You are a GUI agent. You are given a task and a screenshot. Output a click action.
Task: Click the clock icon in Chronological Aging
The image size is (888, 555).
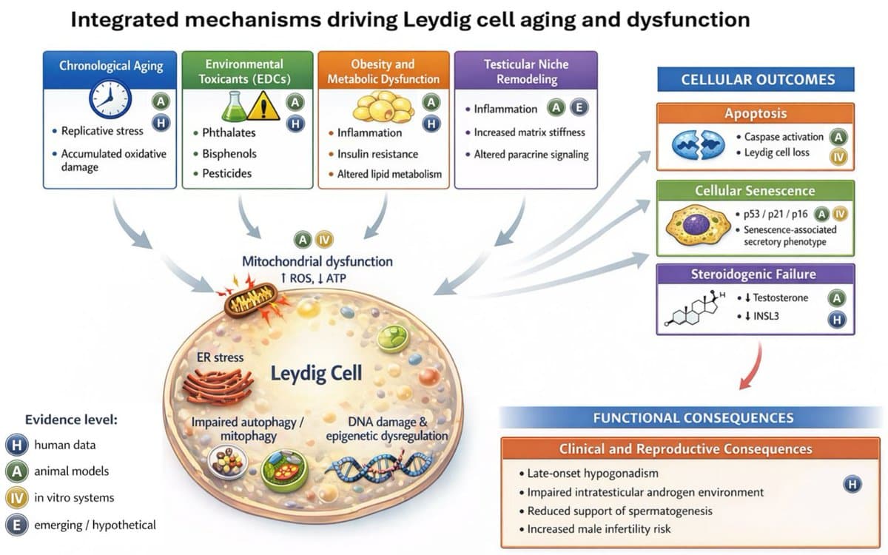click(110, 98)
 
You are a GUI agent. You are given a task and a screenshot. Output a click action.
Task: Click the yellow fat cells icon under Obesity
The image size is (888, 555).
click(383, 107)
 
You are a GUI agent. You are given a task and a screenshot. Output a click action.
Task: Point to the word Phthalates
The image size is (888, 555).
click(229, 133)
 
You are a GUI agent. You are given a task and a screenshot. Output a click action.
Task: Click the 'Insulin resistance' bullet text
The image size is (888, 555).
click(377, 154)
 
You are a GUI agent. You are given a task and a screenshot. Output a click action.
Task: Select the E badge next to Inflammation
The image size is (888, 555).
click(579, 108)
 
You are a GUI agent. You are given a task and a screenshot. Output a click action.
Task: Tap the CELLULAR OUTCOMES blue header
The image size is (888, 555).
click(756, 80)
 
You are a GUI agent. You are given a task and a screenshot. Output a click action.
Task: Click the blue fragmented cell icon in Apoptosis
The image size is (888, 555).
click(695, 144)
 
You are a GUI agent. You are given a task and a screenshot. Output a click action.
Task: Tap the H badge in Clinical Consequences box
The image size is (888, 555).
click(852, 485)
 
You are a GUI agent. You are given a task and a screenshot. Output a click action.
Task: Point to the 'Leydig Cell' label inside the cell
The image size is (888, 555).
click(317, 371)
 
